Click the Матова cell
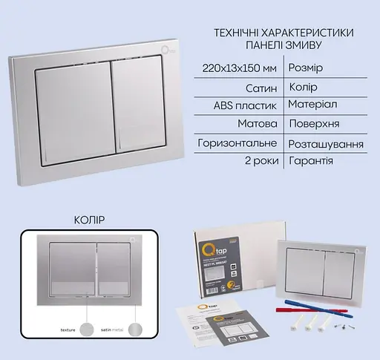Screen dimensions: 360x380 pyautogui.click(x=260, y=124)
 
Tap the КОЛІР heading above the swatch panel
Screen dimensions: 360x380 pyautogui.click(x=90, y=220)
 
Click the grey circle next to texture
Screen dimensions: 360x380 pyautogui.click(x=90, y=327)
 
